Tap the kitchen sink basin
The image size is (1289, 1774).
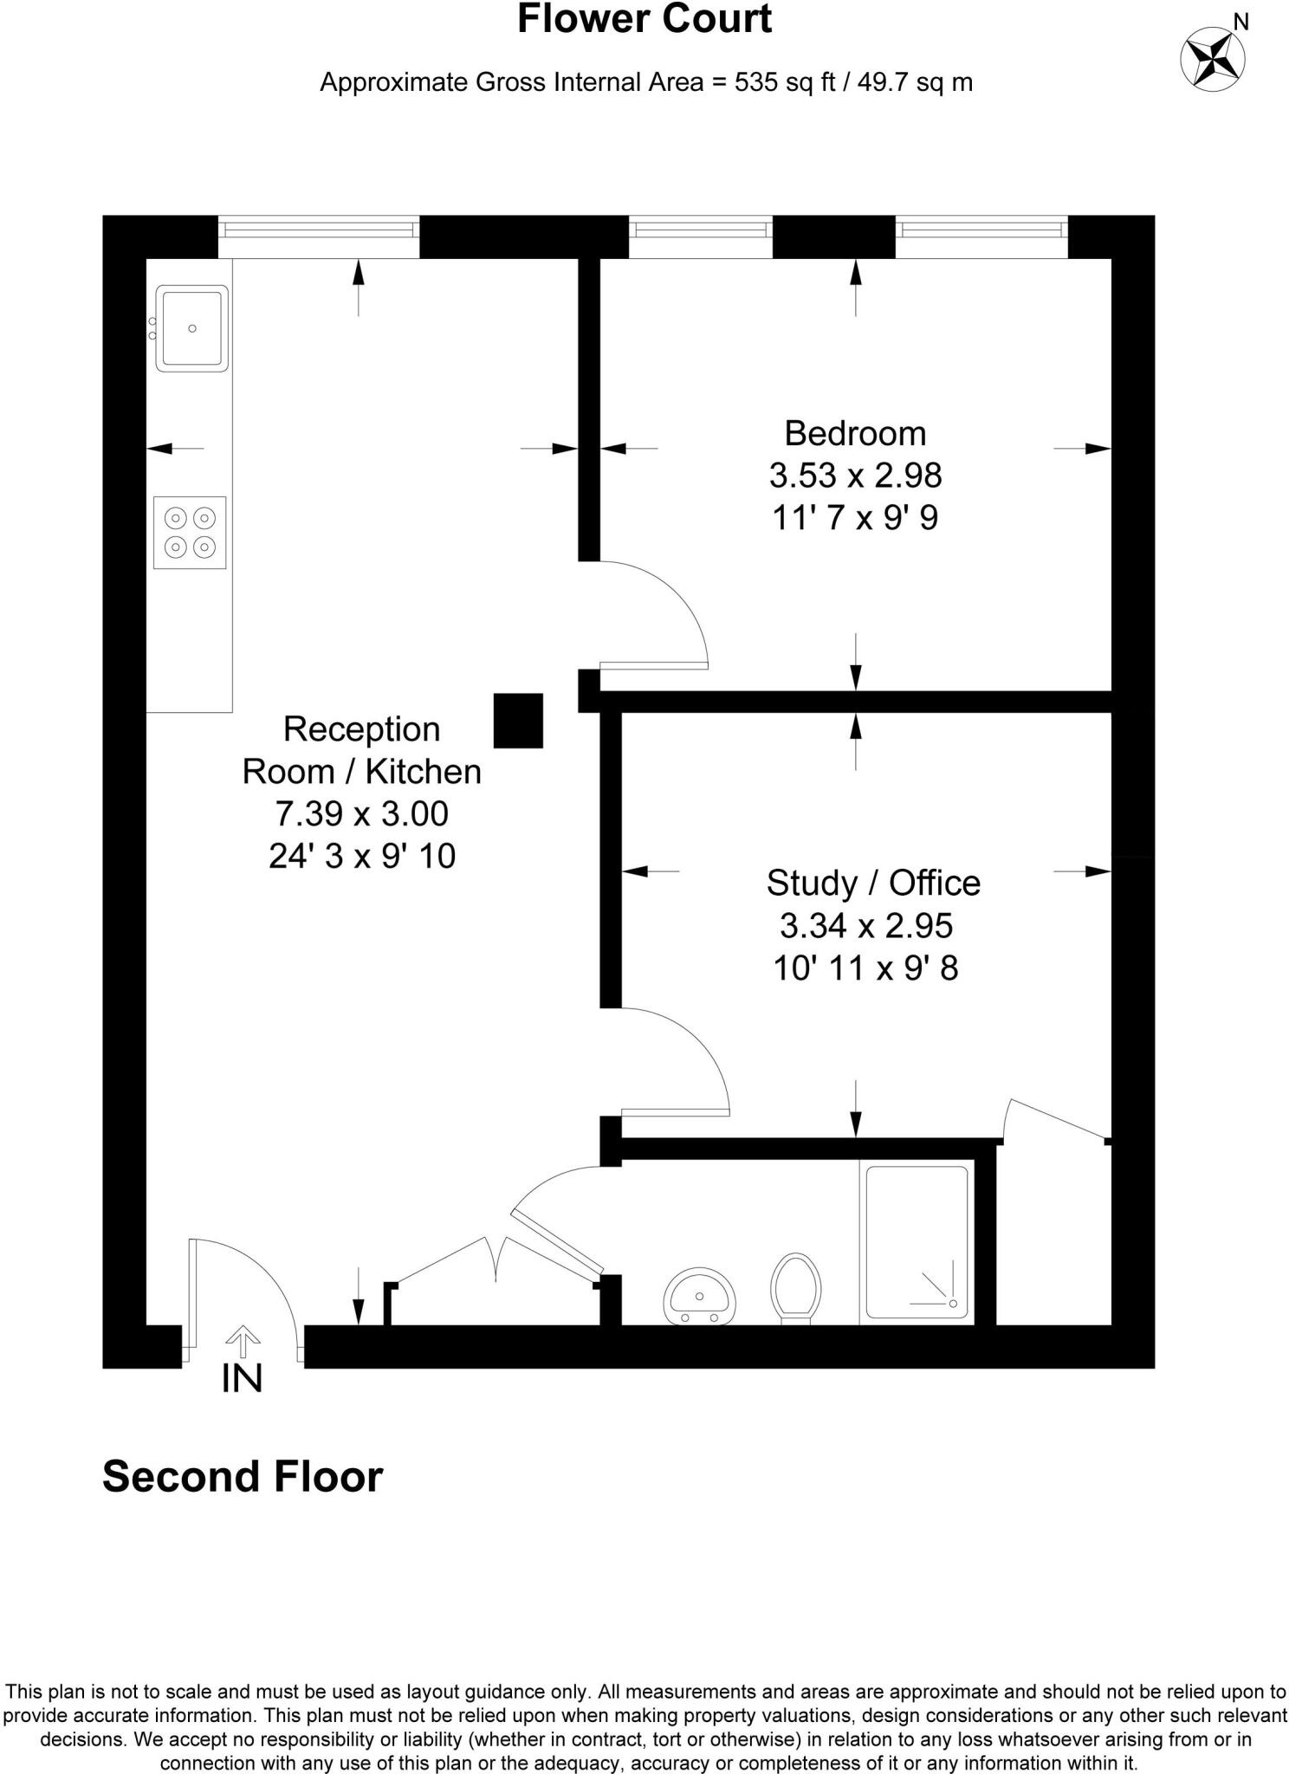click(191, 328)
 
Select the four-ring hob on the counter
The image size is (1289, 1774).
click(190, 532)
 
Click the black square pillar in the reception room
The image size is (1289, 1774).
click(518, 720)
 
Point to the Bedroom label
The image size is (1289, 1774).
click(855, 433)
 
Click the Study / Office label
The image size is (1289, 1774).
click(873, 883)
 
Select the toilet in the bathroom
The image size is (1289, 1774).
click(796, 1287)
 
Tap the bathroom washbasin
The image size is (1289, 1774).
click(700, 1297)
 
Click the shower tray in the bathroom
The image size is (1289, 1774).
click(917, 1242)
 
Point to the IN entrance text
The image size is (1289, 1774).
click(242, 1378)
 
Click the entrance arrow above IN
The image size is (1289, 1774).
click(243, 1340)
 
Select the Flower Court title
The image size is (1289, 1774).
click(644, 19)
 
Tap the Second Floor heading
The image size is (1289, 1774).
click(243, 1477)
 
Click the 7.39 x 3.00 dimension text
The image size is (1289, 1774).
click(362, 813)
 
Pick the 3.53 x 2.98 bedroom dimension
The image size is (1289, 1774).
click(855, 475)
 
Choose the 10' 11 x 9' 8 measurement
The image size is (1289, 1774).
click(865, 968)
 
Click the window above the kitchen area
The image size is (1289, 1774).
click(319, 230)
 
